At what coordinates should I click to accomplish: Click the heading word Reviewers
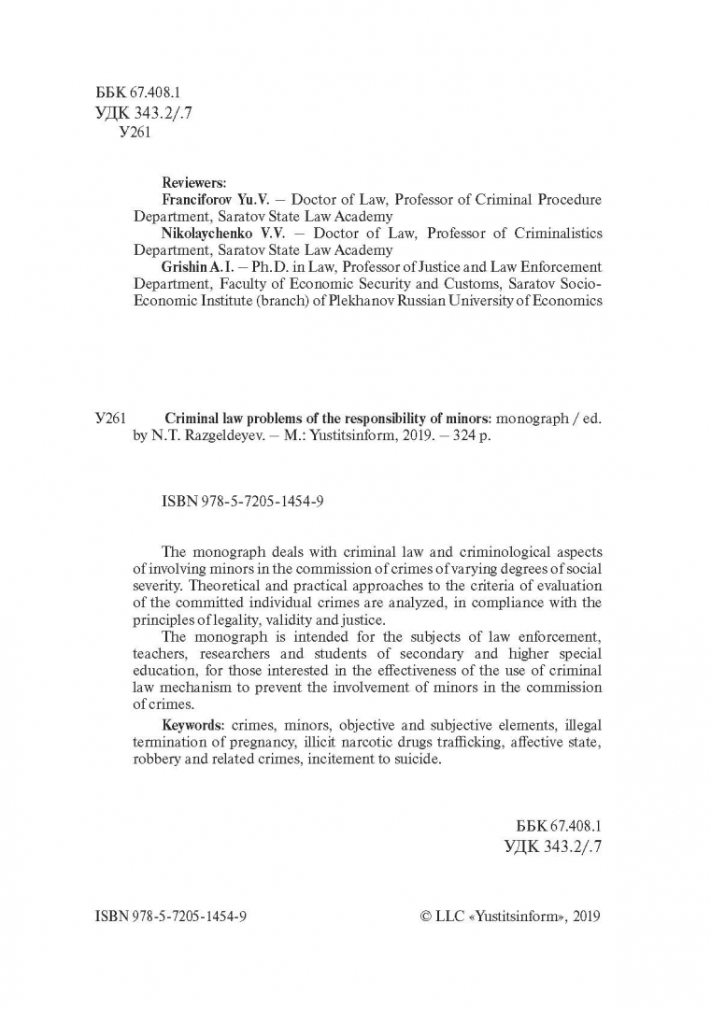(188, 182)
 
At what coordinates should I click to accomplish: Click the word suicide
(414, 760)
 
